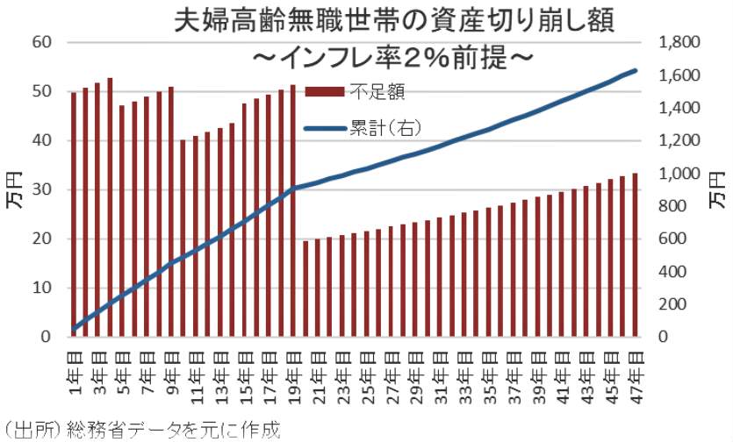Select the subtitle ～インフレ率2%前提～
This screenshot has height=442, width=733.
391,57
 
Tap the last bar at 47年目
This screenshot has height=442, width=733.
635,255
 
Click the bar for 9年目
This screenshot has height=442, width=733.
171,211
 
